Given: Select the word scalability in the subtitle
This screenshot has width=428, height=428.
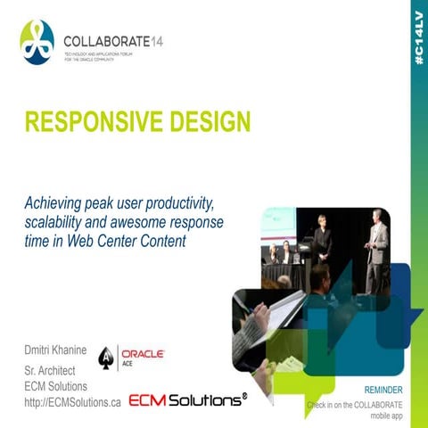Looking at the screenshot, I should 57,221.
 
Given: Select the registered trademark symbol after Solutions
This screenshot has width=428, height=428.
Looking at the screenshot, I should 244,394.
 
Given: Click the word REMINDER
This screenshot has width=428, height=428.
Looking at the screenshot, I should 389,391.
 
